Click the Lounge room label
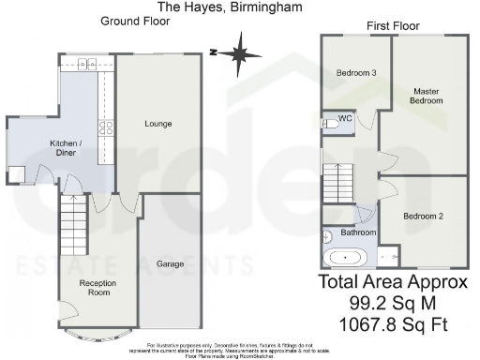[x=157, y=124]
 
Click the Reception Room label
[x=97, y=288]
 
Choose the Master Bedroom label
[x=427, y=96]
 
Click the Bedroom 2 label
[x=423, y=216]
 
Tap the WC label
[x=345, y=119]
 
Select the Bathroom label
[x=358, y=232]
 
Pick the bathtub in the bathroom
[x=346, y=256]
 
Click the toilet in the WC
[x=329, y=122]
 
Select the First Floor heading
[x=393, y=25]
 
